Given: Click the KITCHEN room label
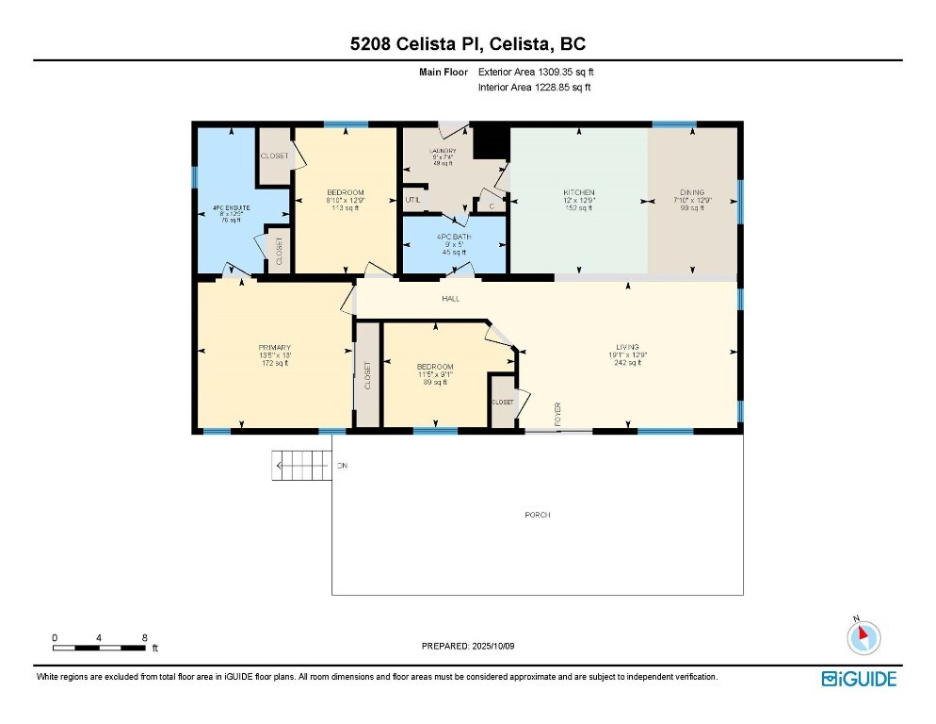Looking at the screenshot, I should click(x=579, y=192).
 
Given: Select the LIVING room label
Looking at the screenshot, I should click(x=627, y=347).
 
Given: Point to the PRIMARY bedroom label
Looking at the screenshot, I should click(x=274, y=347).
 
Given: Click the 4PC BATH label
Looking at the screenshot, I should click(x=454, y=237).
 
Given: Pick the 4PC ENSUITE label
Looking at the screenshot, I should click(x=230, y=206).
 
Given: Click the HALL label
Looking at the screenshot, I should click(x=451, y=299).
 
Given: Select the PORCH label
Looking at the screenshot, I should click(x=538, y=515).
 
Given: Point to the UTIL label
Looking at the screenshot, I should click(x=412, y=200).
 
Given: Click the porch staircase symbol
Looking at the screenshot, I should click(x=301, y=466).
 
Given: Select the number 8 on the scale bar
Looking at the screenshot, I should click(x=144, y=638).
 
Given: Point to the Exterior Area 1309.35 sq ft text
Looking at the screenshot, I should click(x=537, y=71).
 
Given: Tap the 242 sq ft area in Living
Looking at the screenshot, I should click(x=627, y=363).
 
